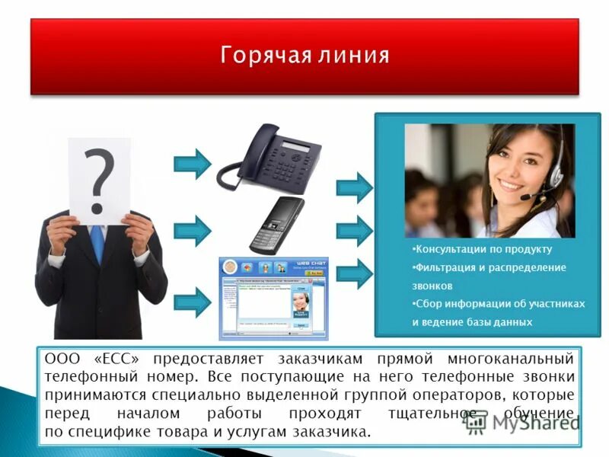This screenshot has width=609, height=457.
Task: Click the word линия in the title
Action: pos(354,56)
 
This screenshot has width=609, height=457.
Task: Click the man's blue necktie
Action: pos(97,243)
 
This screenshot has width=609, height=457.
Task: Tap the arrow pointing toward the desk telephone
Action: pos(192,162)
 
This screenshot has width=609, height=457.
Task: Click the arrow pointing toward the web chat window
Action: pos(192,302)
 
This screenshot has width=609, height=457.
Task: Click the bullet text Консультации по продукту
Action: pos(482,249)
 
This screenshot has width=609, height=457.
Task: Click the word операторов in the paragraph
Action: pos(442,395)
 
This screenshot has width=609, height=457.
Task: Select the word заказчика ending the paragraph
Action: pos(332,432)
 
